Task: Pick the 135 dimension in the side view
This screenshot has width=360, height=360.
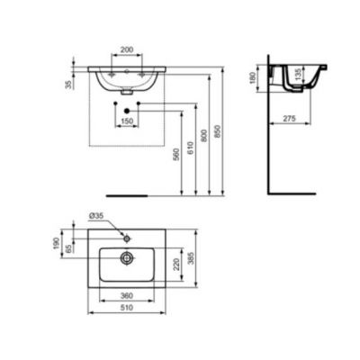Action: click(298, 74)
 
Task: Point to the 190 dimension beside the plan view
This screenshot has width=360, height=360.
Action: click(57, 245)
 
